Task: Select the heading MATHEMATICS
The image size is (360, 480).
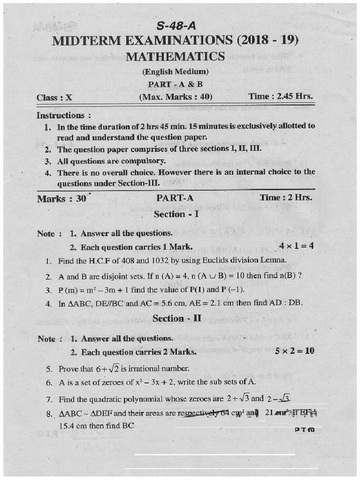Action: coord(175,57)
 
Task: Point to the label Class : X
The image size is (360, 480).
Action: coord(54,97)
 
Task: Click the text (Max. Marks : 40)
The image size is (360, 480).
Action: coord(175,97)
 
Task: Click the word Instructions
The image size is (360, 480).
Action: coord(60,115)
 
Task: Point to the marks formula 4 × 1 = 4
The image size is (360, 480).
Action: coord(296,246)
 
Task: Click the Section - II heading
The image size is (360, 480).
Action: coord(177,319)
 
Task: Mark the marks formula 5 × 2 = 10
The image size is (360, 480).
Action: coord(295,350)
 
